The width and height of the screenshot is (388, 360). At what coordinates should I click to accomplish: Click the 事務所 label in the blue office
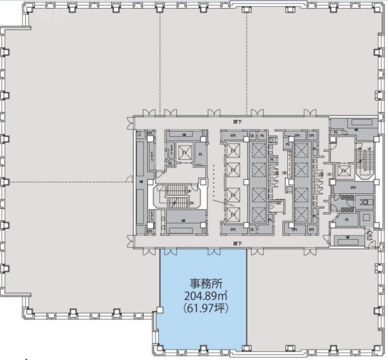[x=202, y=283]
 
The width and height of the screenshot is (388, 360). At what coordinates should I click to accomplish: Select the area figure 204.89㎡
[x=202, y=296]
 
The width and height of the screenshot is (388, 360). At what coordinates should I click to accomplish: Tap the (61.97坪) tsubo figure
[x=202, y=308]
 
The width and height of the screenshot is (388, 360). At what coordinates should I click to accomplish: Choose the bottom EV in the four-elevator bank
[x=233, y=213]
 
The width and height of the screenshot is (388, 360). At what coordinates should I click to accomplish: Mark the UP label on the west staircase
[x=190, y=192]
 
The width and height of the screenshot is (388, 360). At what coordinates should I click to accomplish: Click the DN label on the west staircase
[x=190, y=203]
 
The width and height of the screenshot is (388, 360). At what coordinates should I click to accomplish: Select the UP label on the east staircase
[x=369, y=149]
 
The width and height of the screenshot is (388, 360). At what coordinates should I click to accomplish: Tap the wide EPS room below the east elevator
[x=353, y=188]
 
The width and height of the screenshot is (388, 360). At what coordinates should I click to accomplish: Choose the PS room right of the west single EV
[x=200, y=155]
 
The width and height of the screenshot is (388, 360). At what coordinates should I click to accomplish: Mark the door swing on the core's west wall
[x=129, y=179]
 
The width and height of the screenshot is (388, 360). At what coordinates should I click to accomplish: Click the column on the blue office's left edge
[x=159, y=310]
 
